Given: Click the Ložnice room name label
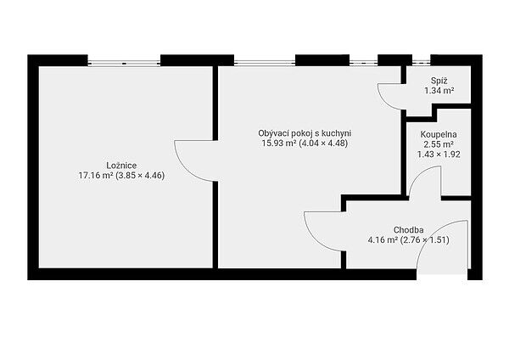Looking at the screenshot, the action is [121, 166].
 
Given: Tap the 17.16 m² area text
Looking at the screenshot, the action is [95, 176].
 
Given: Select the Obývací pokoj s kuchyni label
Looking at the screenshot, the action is [305, 133].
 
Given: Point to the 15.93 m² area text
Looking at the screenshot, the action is [279, 143].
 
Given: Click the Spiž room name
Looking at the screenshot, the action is [439, 81].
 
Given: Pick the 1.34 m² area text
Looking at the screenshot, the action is [439, 91].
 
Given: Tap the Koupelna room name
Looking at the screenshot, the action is [439, 134].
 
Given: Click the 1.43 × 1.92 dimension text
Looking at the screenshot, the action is [439, 155].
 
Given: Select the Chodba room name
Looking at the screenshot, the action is [408, 230].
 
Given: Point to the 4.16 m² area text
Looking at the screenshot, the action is [383, 240].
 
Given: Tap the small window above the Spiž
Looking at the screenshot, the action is [422, 62].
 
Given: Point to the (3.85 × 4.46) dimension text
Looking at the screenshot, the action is [140, 176].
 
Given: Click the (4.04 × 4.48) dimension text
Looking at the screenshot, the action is [323, 143].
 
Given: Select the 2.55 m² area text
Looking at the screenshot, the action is [439, 144].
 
